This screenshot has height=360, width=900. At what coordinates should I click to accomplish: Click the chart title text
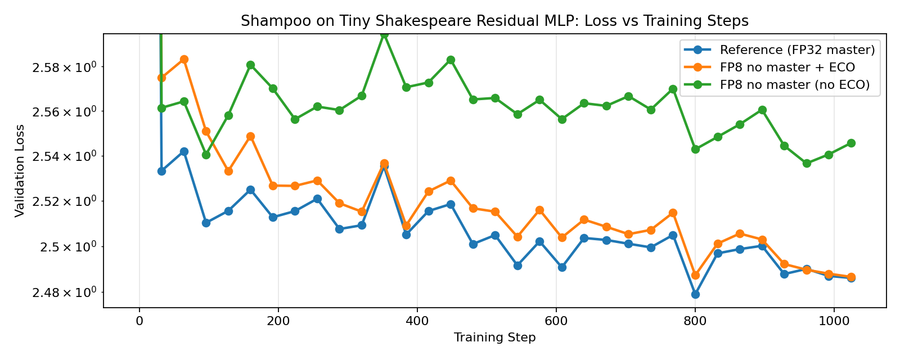point(494,21)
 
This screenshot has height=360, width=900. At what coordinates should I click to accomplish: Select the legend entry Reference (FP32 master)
point(797,50)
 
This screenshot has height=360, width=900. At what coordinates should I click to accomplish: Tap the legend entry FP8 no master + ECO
point(787,67)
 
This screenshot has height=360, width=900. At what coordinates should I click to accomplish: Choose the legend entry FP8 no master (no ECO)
point(794,85)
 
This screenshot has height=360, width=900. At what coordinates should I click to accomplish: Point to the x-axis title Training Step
point(494,337)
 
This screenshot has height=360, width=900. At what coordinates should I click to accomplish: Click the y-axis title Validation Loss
point(20,170)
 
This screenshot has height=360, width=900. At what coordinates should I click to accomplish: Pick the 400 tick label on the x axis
point(417,322)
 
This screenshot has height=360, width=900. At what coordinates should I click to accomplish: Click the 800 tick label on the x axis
point(695,322)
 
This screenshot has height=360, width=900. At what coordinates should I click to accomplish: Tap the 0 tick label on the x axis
point(139,322)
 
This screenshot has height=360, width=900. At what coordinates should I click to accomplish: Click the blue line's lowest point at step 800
point(695,294)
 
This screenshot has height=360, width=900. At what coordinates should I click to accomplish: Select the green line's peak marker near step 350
point(384,34)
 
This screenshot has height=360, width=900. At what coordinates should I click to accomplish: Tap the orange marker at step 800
point(695,275)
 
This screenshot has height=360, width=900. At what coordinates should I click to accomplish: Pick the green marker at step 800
point(695,149)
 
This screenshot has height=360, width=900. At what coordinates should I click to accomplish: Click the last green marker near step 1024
point(851,143)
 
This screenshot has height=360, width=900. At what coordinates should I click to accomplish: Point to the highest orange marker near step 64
point(184,59)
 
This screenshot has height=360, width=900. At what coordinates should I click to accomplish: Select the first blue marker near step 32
point(161,171)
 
